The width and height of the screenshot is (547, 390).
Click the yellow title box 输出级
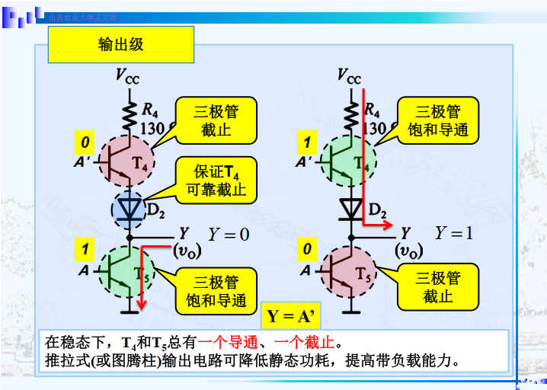(121, 44)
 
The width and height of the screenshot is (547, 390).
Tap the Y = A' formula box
(292, 315)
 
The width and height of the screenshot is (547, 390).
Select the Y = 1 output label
(454, 233)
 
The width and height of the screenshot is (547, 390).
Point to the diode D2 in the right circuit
(351, 207)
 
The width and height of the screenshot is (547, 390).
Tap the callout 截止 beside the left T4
(216, 120)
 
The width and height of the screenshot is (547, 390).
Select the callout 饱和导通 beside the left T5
(216, 292)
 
